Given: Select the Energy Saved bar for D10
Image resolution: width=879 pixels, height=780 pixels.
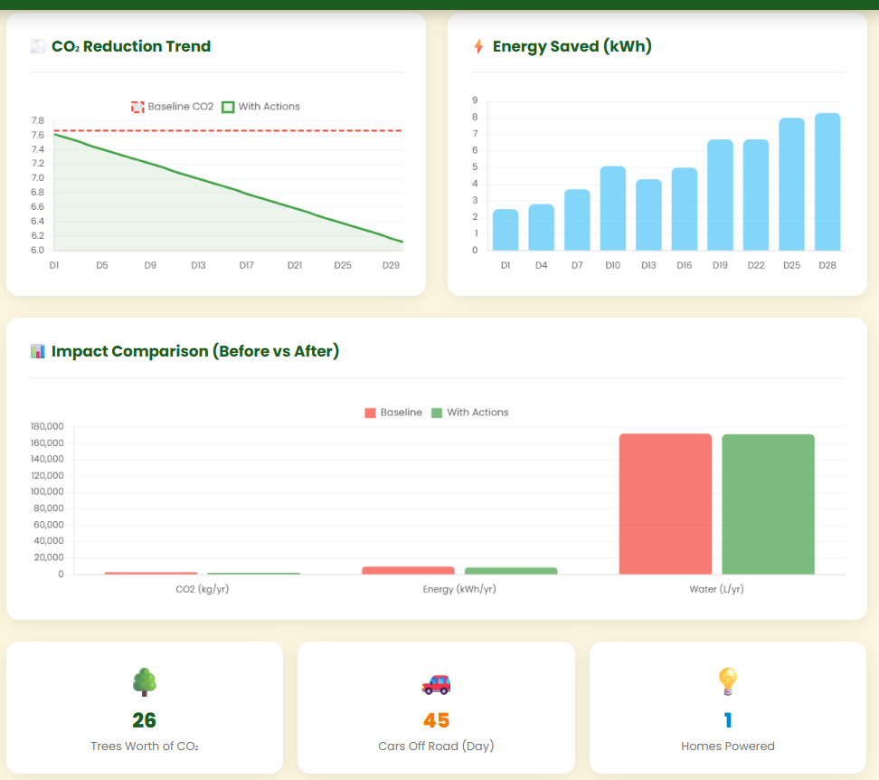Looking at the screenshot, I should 612,208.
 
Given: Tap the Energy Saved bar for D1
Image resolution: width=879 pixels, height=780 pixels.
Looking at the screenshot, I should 506,230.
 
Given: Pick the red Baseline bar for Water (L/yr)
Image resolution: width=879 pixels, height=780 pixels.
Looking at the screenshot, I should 666,504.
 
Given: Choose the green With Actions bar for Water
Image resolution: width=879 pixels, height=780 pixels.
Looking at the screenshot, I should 768,504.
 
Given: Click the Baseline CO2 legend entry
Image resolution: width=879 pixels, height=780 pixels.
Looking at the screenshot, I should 173,107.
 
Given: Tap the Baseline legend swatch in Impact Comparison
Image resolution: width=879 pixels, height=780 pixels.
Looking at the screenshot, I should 370,413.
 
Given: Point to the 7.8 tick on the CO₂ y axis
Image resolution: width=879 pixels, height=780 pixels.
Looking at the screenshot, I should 37,120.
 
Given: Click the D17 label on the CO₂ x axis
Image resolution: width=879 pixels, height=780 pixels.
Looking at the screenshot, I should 246,265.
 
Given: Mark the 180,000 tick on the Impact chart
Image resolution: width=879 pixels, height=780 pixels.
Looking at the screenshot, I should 48,426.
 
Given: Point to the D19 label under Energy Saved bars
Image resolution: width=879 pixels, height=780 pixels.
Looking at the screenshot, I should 720,265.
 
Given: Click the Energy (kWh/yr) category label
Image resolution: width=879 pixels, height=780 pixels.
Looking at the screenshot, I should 459,589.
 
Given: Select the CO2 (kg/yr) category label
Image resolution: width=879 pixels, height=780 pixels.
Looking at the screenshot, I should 203,589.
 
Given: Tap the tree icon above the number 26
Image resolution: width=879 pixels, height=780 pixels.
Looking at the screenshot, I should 144,681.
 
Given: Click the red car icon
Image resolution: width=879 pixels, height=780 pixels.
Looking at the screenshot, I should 436,683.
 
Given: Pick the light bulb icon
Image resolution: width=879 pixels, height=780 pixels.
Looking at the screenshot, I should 728,681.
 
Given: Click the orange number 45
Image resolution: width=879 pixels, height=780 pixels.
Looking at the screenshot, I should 436,720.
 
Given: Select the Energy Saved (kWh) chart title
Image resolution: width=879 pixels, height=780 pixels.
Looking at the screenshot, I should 572,46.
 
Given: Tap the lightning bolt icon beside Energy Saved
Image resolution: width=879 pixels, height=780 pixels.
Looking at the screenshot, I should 478,46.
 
